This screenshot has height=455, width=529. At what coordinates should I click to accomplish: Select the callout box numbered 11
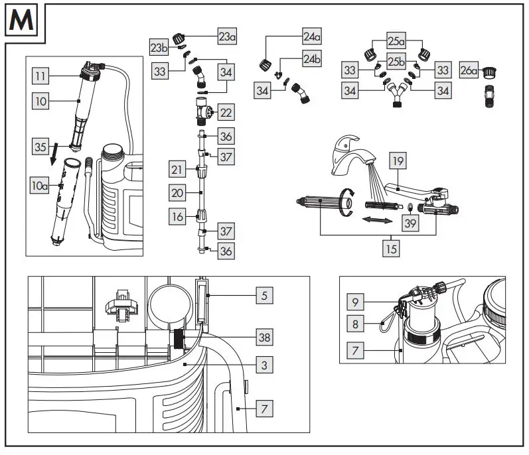click(40, 77)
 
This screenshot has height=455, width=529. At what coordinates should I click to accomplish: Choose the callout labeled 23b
click(159, 48)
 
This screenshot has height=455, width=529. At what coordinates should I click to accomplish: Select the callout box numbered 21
click(176, 170)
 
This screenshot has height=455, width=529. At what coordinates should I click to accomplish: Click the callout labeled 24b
click(311, 58)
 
